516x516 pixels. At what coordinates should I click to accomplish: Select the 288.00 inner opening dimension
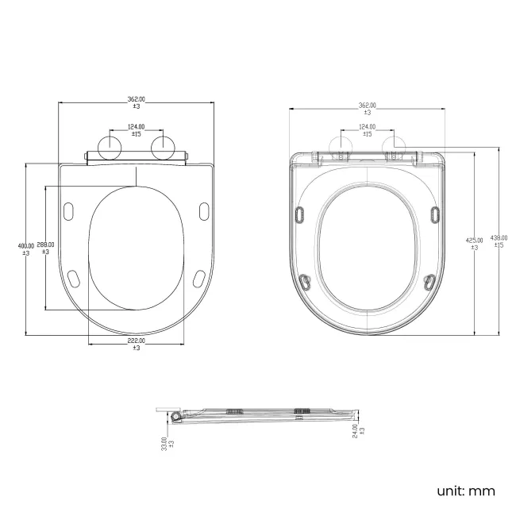click(x=45, y=248)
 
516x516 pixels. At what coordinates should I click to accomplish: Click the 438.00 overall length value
click(x=499, y=241)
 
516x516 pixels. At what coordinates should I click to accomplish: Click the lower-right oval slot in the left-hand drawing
click(x=199, y=277)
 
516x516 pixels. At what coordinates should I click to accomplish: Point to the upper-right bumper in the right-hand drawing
click(x=434, y=214)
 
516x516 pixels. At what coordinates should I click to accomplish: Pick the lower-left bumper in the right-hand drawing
click(x=304, y=279)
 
